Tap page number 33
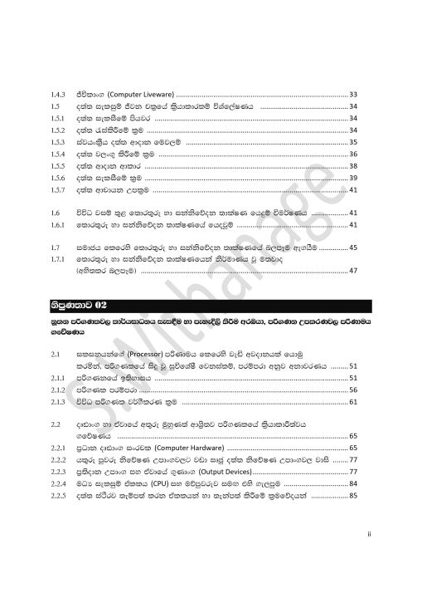352,95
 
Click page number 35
352,142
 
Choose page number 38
352,166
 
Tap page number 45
352,248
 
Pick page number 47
352,271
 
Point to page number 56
352,389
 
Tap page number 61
352,401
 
